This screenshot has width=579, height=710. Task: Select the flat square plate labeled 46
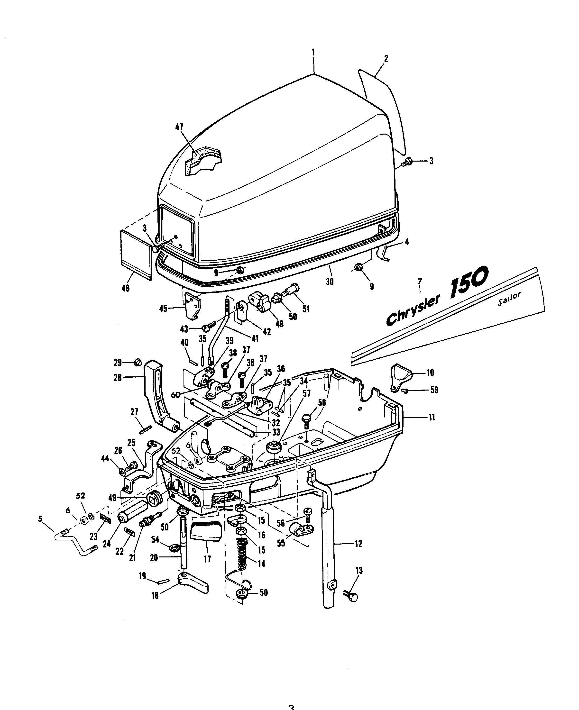pos(136,254)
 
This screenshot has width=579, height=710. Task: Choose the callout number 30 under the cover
pos(330,282)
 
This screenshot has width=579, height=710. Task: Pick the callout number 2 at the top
pos(386,59)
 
